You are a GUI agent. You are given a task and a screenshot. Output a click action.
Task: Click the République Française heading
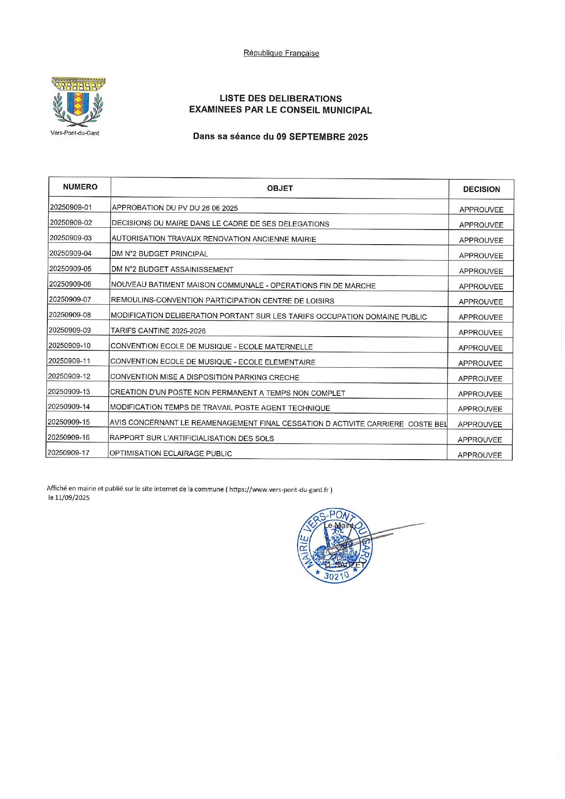(281, 53)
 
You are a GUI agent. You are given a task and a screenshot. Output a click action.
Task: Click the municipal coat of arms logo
(78, 102)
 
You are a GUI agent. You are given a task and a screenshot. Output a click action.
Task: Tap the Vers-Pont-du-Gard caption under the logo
(75, 133)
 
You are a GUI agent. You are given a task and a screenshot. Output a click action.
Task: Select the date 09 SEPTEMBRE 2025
(322, 137)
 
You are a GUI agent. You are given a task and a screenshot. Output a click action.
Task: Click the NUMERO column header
(80, 187)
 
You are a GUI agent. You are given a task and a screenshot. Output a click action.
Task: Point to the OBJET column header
(280, 188)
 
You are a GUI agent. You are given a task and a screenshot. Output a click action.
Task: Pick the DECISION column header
(481, 189)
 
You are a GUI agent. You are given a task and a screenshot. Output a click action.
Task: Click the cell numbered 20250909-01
(71, 207)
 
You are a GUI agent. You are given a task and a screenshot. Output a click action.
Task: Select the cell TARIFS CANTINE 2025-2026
(158, 331)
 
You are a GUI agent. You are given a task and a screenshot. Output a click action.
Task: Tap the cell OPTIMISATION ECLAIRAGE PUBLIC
(171, 453)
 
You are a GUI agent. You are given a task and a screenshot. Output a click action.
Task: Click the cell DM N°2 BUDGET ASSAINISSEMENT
(172, 269)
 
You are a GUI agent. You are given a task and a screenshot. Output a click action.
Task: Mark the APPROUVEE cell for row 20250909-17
(480, 455)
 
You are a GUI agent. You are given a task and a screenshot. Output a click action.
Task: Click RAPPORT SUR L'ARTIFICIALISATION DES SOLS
(192, 438)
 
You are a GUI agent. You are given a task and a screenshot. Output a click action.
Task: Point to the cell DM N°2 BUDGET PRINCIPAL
(159, 254)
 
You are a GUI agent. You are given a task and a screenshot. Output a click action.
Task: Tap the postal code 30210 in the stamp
(336, 576)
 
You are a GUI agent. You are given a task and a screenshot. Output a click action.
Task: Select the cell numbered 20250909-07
(70, 299)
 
